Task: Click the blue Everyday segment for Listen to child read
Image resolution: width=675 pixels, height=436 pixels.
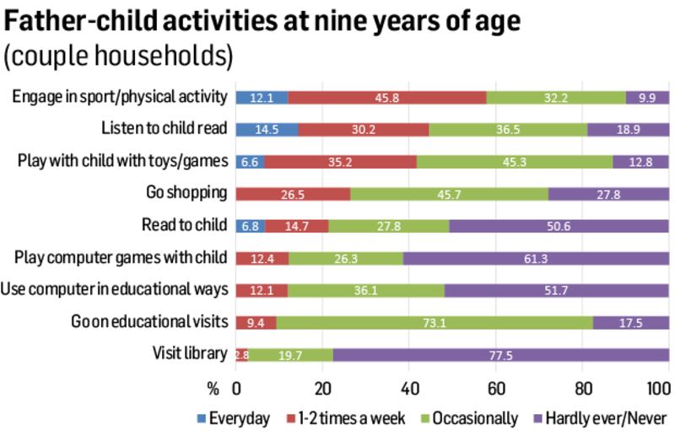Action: tap(267, 129)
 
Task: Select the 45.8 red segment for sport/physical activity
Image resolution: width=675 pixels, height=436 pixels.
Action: tap(387, 97)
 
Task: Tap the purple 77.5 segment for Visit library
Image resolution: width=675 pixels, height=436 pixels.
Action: tap(500, 353)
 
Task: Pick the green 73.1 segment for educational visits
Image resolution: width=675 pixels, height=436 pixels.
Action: tap(435, 321)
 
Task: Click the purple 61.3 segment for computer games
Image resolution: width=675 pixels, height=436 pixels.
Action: tap(536, 257)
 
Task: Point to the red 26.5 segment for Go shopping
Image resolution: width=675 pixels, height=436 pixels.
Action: tap(293, 193)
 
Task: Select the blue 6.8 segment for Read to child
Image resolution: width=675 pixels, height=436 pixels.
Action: tap(250, 225)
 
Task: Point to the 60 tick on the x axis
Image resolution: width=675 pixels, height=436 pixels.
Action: tap(496, 389)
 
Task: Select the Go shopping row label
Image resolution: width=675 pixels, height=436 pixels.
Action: tap(188, 193)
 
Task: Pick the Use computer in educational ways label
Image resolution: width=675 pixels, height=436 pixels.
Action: tap(116, 289)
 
